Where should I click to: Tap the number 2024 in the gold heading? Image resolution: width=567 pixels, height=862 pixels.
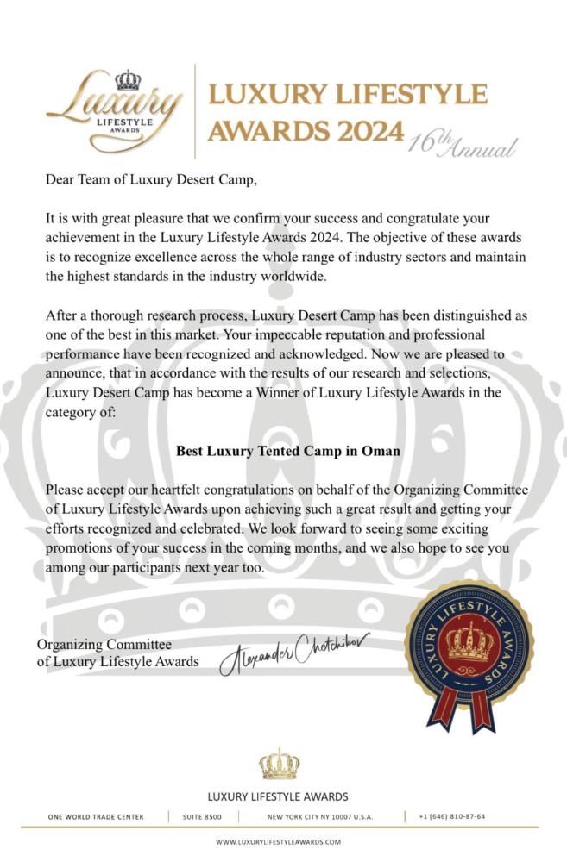point(365,131)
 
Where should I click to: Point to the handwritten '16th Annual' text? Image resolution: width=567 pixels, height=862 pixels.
point(463,142)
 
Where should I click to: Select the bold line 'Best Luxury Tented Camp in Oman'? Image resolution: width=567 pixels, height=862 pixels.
point(283,450)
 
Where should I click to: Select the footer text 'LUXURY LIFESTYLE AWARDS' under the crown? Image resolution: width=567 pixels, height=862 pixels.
point(278,796)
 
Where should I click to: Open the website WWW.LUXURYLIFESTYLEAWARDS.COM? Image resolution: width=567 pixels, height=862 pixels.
point(279,842)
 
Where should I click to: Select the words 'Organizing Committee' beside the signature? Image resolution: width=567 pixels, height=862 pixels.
point(104,645)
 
